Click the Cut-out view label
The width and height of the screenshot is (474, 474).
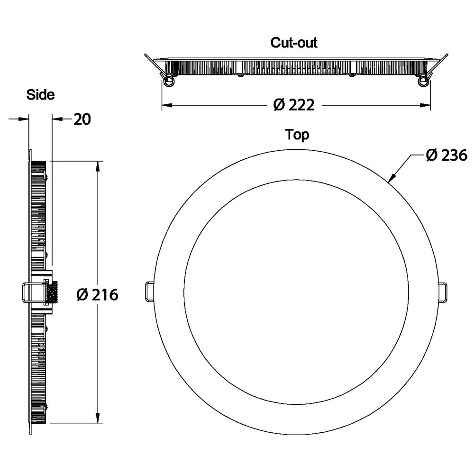pyautogui.click(x=294, y=42)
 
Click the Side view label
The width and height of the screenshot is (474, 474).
pyautogui.click(x=40, y=94)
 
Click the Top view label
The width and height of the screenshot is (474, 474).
pyautogui.click(x=297, y=135)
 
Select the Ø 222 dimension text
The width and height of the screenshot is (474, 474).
pyautogui.click(x=294, y=105)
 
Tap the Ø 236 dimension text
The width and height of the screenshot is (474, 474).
pyautogui.click(x=446, y=155)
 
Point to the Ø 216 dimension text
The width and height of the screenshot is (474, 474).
pyautogui.click(x=97, y=295)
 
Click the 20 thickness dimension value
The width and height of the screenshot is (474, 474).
pyautogui.click(x=82, y=119)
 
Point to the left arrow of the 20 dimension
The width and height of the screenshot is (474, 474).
pyautogui.click(x=25, y=119)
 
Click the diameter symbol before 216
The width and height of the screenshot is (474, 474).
pyautogui.click(x=82, y=295)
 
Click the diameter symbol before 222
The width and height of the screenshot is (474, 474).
pyautogui.click(x=279, y=105)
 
